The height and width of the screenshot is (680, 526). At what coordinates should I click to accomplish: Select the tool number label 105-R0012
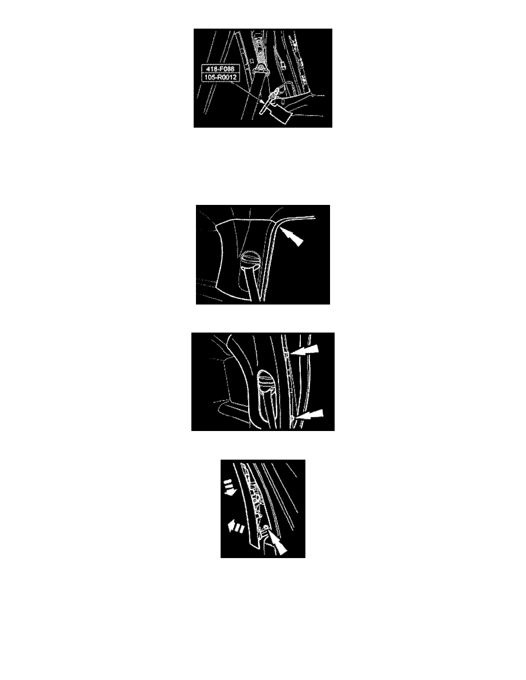221,77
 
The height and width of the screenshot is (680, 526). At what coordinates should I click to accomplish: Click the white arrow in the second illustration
292,237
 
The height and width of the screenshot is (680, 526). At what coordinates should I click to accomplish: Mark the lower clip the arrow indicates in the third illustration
293,418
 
